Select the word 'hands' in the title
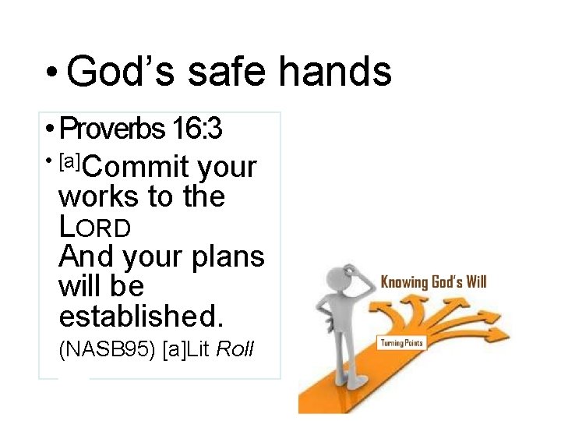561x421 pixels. (x=335, y=72)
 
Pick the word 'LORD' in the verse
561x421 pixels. (x=94, y=227)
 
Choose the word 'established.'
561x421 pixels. (x=141, y=316)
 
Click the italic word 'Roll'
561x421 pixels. (x=235, y=349)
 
